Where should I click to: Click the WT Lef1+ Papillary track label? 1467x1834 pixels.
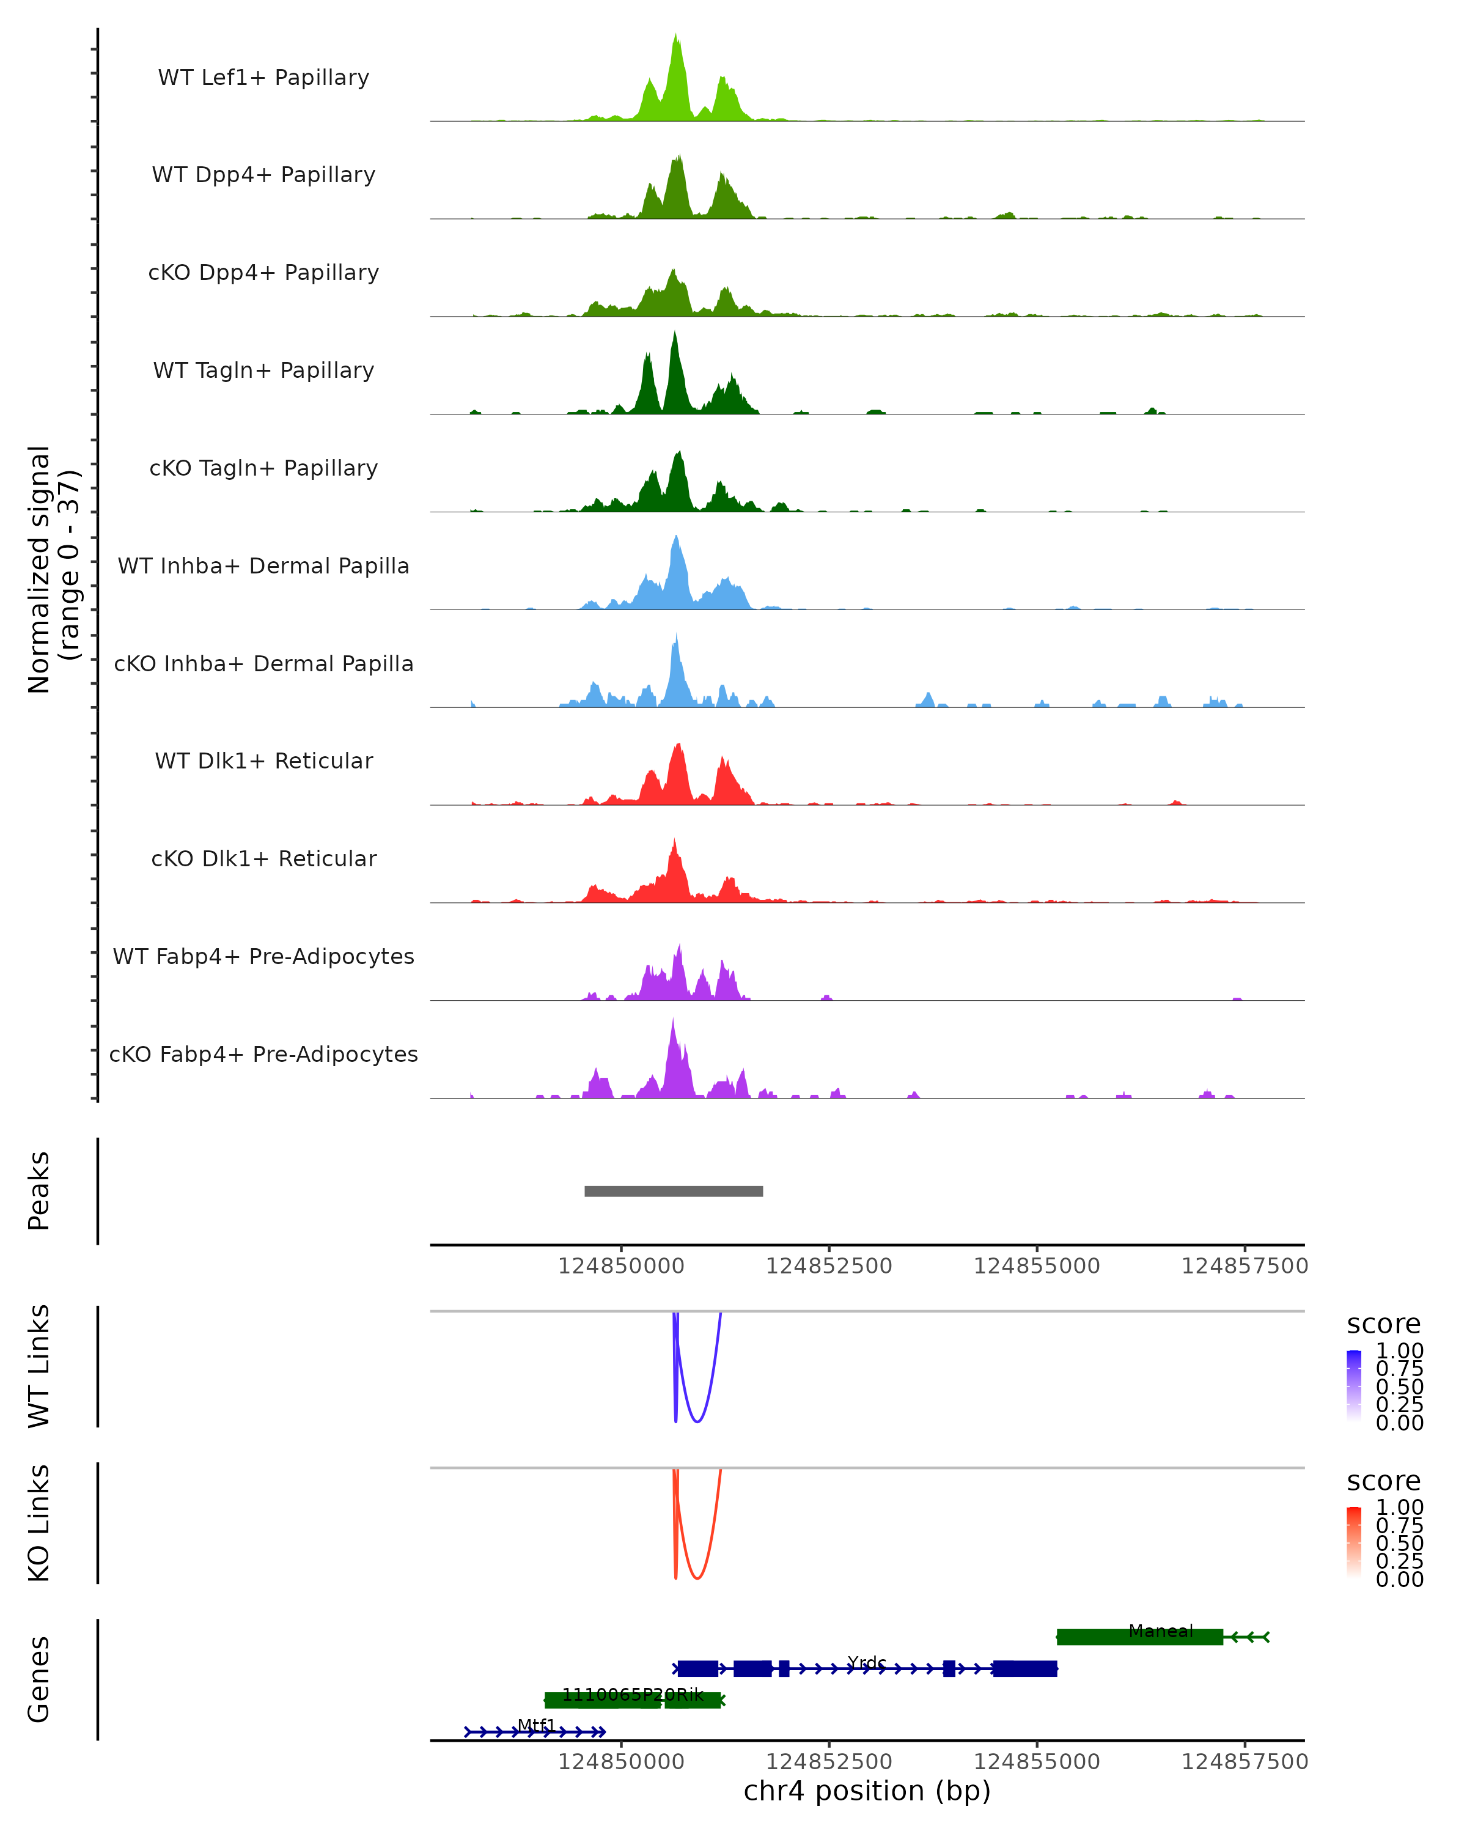pos(263,78)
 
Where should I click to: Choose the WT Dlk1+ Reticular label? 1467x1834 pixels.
pos(263,761)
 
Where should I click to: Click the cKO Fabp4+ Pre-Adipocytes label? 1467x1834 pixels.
pos(263,1054)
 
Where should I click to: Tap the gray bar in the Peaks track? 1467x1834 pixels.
pos(674,1191)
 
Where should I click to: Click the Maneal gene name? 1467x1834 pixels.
pos(1161,1630)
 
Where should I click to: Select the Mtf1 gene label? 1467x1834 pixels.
pos(537,1725)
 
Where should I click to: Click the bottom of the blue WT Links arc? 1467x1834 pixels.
pos(696,1421)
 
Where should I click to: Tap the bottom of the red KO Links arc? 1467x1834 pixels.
pos(696,1578)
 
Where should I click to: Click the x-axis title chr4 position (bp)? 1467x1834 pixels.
pos(867,1791)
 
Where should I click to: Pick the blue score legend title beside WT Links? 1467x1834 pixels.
pos(1384,1324)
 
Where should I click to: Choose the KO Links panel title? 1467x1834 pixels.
pos(39,1523)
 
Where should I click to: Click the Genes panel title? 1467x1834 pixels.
pos(39,1679)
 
